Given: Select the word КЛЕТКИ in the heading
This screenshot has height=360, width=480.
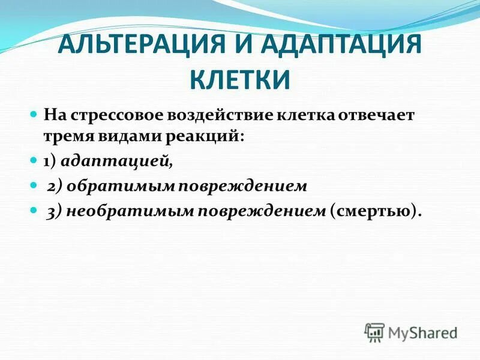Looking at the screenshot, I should (x=240, y=80).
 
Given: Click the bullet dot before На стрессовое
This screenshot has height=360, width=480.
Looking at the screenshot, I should (x=34, y=113).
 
